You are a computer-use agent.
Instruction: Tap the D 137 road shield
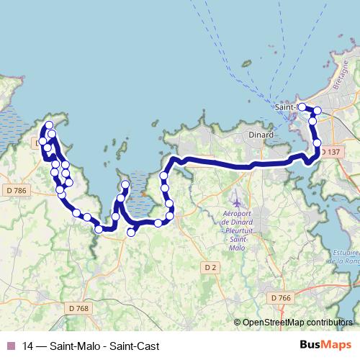coord(330,153)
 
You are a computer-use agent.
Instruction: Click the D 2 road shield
coord(210,268)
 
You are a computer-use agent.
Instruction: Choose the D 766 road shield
coord(282,297)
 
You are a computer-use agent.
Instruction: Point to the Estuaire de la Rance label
coord(343,257)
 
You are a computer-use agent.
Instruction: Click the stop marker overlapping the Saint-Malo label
coord(302,108)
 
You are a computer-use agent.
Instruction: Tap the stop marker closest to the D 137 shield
coord(317,144)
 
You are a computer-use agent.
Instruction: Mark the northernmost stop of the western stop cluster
coord(50,126)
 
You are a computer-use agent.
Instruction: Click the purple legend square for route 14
coord(10,345)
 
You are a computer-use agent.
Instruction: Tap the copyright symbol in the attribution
coord(238,323)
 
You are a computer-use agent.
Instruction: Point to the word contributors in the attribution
coord(329,323)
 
